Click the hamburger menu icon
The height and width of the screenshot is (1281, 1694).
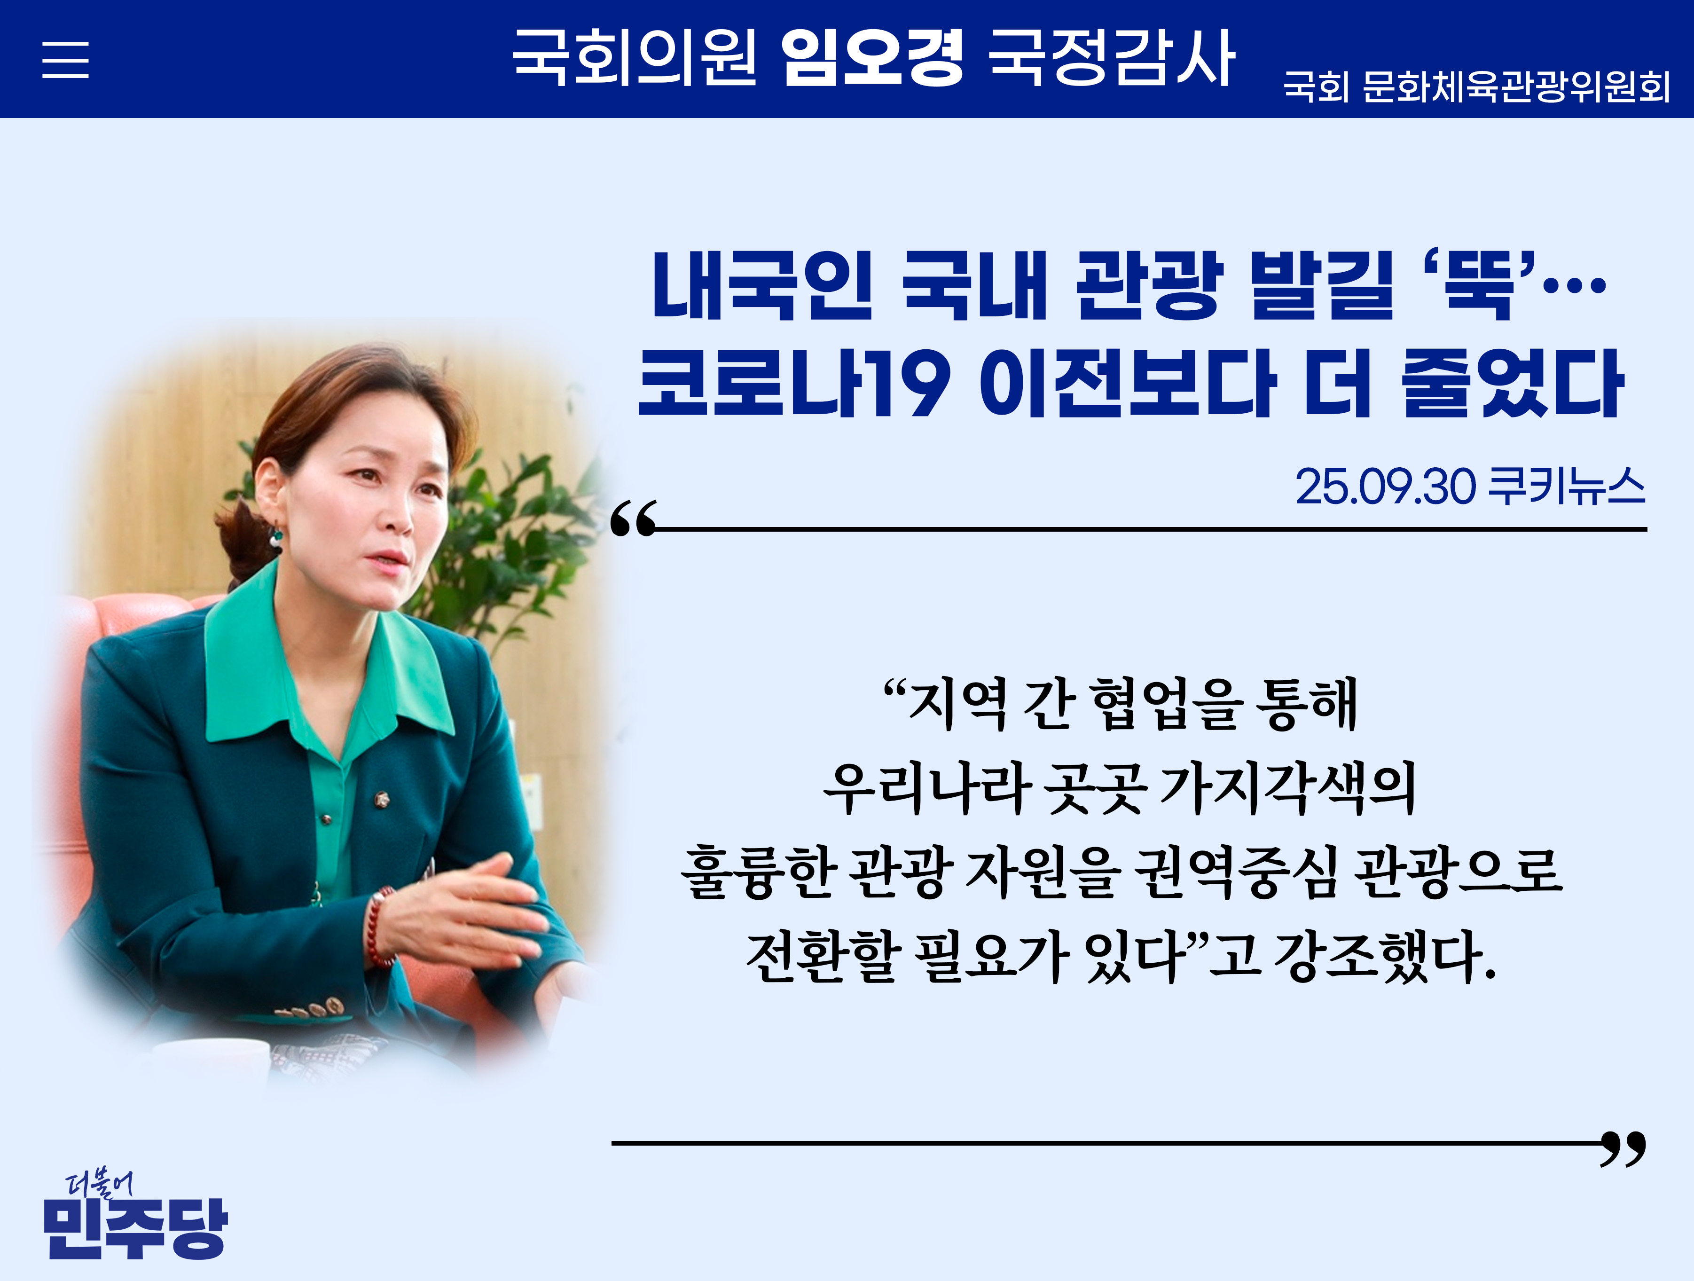65,60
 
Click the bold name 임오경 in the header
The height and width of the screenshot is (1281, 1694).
871,57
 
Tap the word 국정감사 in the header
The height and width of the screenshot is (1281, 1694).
1111,57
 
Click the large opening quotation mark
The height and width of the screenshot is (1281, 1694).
633,519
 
